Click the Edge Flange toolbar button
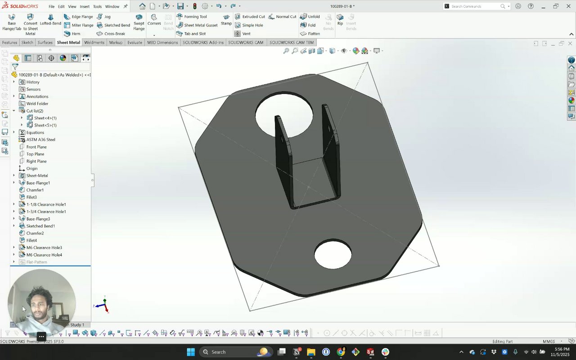click(x=78, y=17)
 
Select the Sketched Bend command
click(x=113, y=25)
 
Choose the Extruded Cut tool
click(x=250, y=17)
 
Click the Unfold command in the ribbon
click(x=310, y=17)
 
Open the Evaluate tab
click(x=135, y=42)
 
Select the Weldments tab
click(x=94, y=42)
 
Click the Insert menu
click(x=84, y=6)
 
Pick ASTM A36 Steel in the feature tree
click(x=40, y=139)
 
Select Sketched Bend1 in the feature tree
click(x=40, y=226)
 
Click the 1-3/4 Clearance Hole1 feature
click(x=46, y=211)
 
